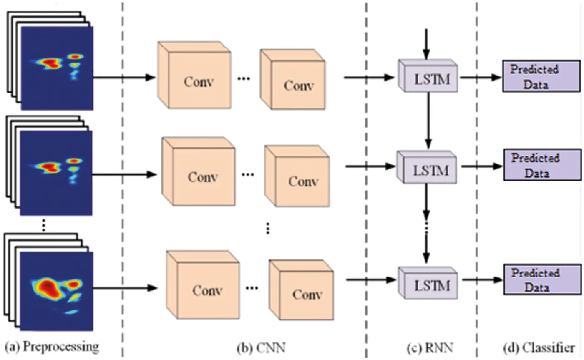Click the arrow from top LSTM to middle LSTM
coord(428,121)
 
